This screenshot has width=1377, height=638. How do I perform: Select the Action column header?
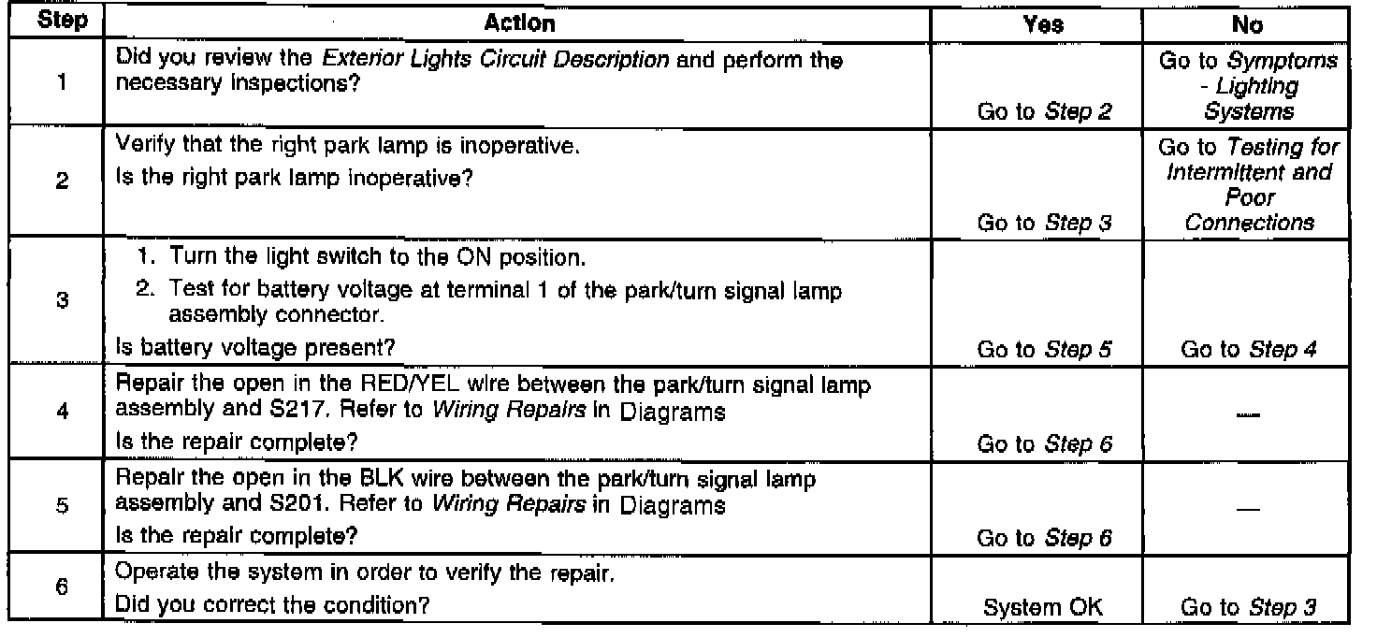(520, 23)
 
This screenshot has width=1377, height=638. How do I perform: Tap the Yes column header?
(1044, 24)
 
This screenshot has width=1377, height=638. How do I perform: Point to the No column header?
(1249, 24)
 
